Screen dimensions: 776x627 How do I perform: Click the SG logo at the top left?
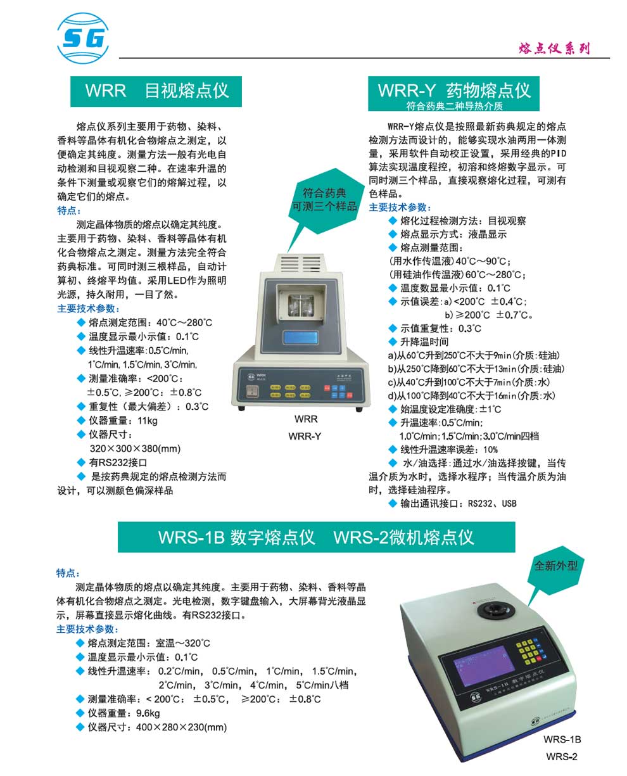click(x=83, y=40)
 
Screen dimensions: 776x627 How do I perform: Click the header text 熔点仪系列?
click(x=554, y=48)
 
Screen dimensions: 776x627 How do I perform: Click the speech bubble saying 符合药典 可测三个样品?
click(x=324, y=200)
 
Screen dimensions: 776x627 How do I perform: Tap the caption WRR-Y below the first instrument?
click(x=305, y=436)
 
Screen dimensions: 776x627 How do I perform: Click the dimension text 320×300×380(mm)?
click(x=135, y=448)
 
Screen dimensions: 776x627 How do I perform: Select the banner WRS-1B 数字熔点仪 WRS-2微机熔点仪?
click(x=316, y=538)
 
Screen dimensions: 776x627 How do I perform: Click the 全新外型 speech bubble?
click(x=556, y=566)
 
